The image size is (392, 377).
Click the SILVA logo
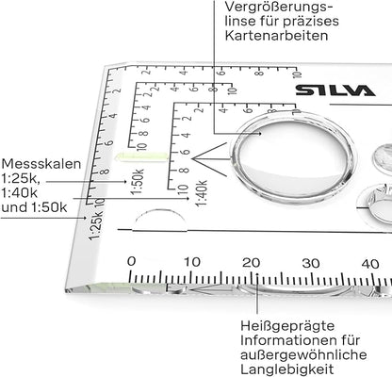click(x=335, y=90)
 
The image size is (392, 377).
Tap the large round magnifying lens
click(x=293, y=156)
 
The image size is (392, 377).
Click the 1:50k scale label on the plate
click(x=138, y=182)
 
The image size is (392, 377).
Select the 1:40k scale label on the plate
click(x=202, y=193)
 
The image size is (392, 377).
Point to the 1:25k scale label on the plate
click(x=95, y=225)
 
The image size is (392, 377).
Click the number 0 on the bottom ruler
click(x=132, y=261)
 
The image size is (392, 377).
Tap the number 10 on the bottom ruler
click(x=191, y=262)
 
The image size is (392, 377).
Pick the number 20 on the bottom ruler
click(x=252, y=263)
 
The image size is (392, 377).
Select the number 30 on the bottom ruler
click(x=311, y=264)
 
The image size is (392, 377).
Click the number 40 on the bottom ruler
click(x=370, y=264)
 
